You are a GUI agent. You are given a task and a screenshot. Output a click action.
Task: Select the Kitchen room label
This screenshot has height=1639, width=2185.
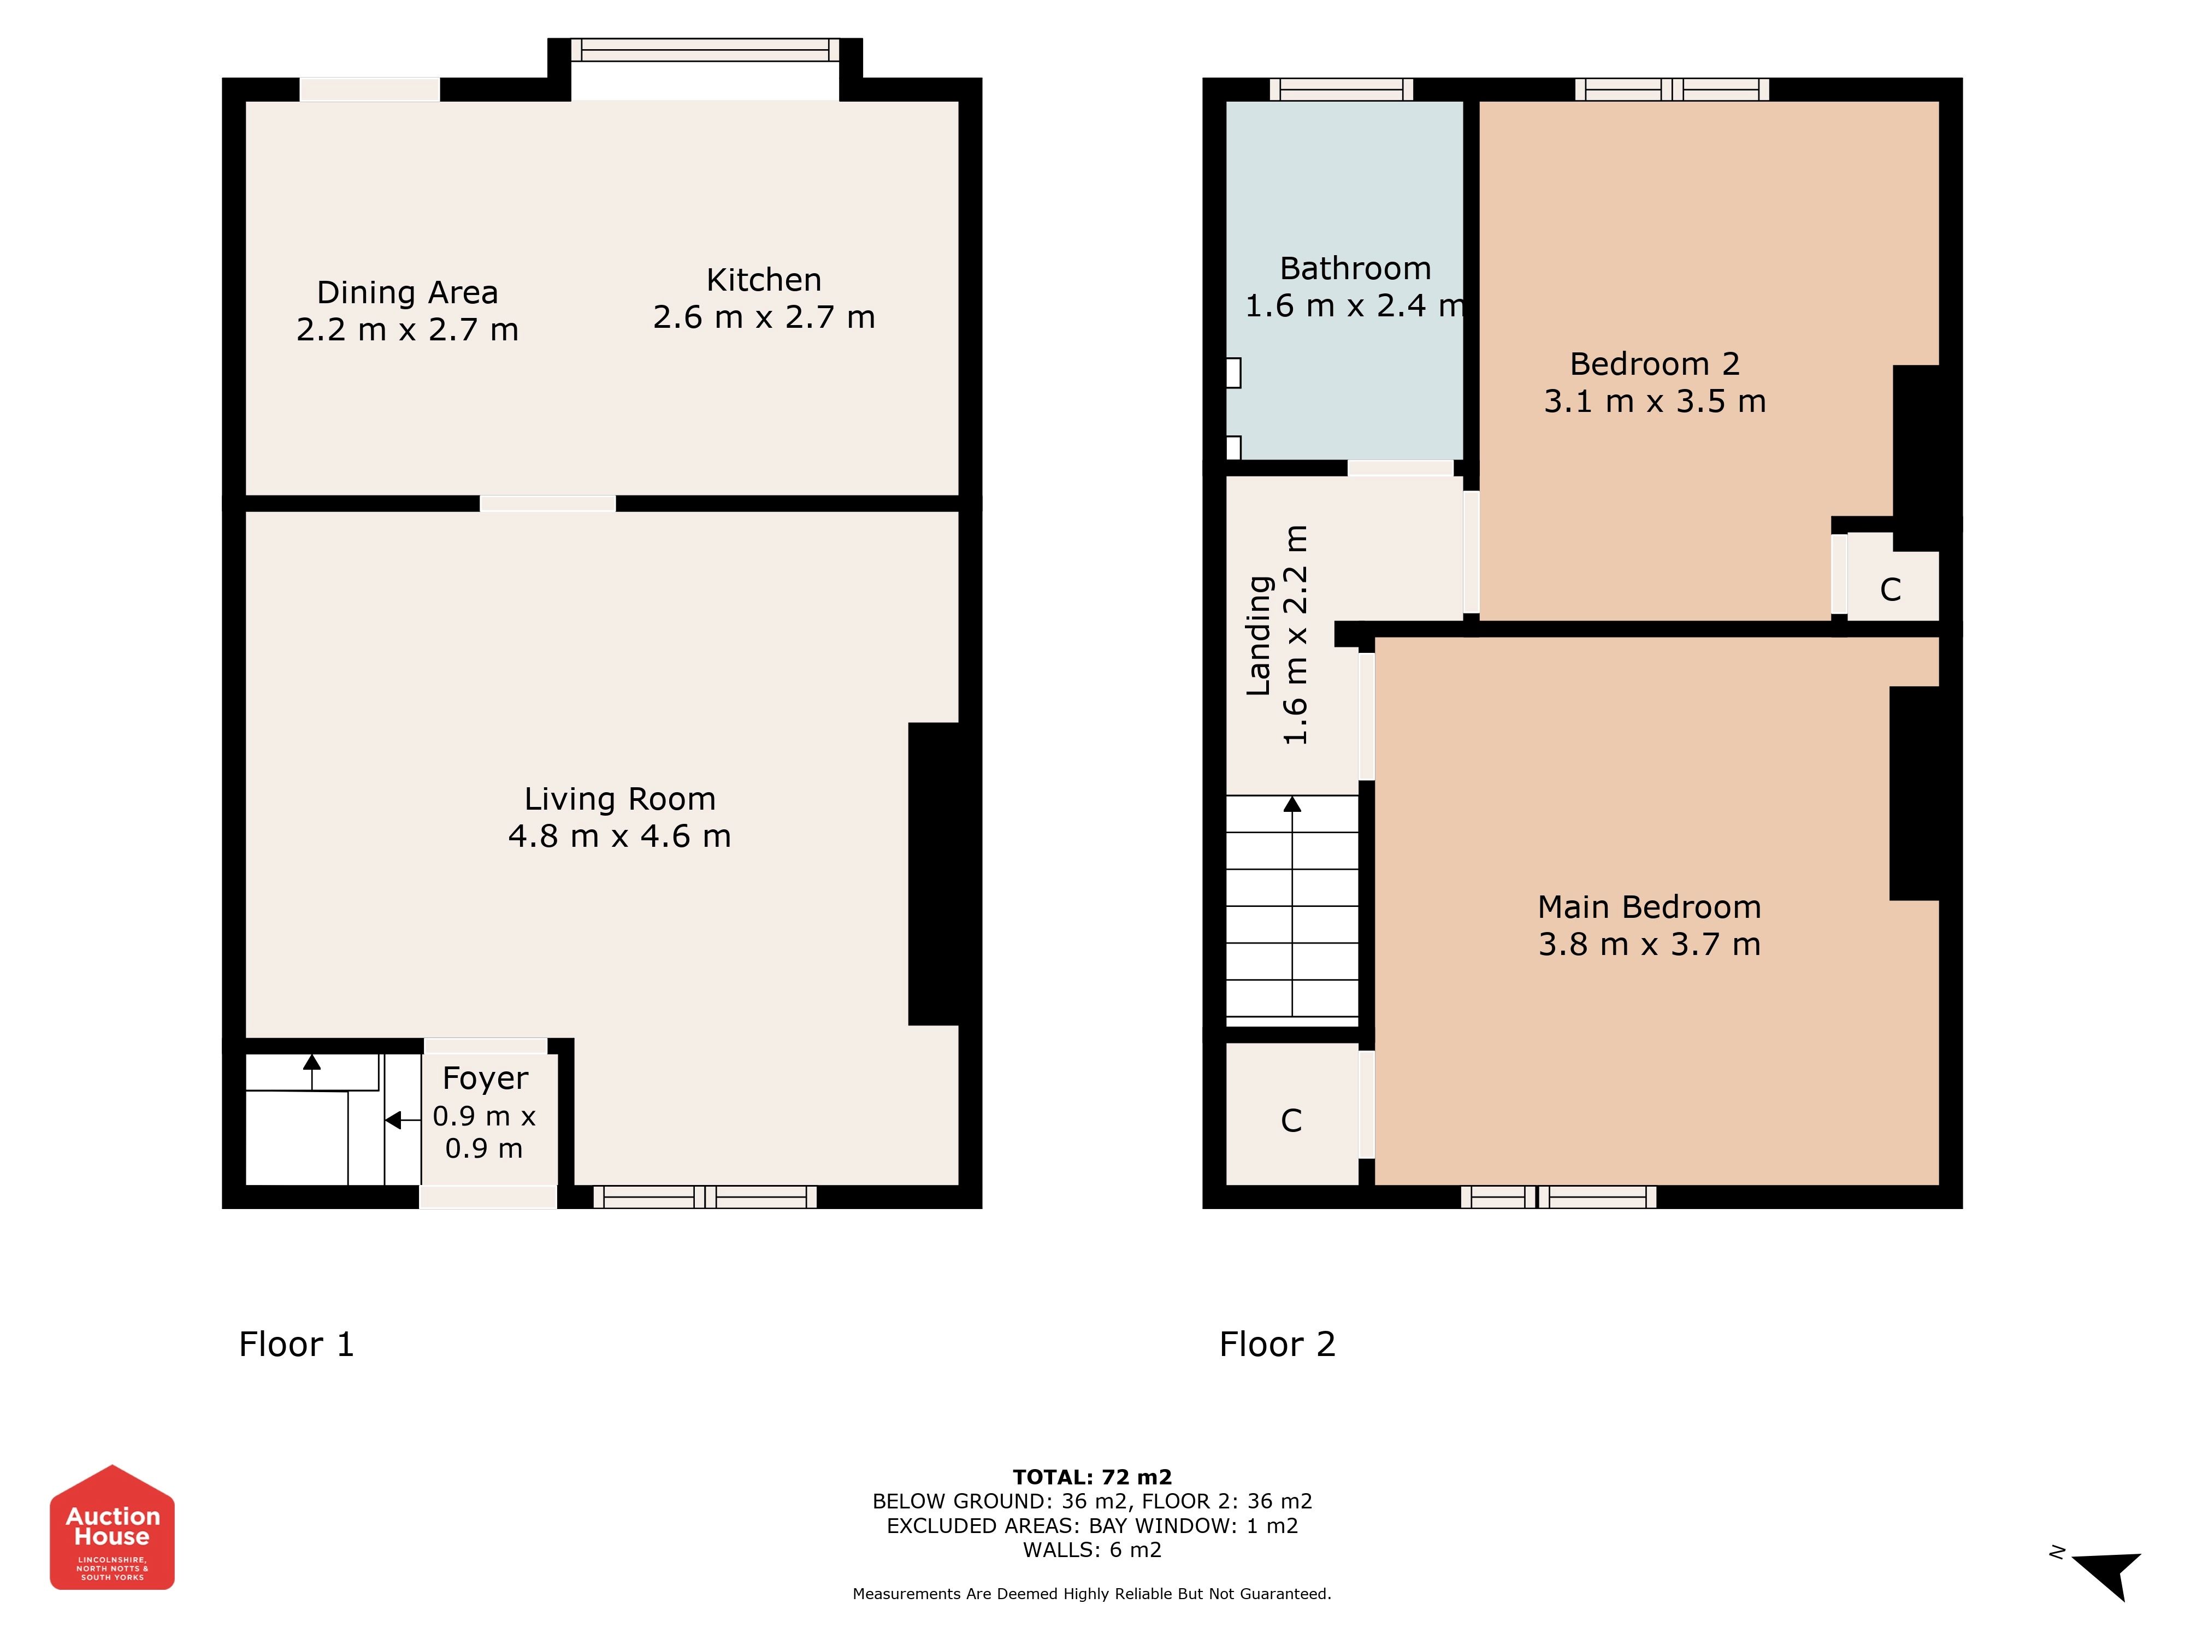click(x=764, y=281)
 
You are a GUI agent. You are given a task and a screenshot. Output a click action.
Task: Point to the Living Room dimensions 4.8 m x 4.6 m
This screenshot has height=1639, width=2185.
click(x=619, y=837)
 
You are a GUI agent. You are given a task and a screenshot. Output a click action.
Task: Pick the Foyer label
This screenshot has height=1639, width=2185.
click(x=485, y=1079)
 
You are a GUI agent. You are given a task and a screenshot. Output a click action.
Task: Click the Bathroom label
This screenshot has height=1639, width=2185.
click(x=1355, y=269)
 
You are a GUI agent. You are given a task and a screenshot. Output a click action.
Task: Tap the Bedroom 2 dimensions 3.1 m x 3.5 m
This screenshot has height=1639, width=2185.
click(x=1655, y=401)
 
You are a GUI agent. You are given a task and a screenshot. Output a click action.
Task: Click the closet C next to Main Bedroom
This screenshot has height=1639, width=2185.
click(x=1291, y=1121)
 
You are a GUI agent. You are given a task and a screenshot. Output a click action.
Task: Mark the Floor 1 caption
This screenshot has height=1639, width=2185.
click(x=296, y=1345)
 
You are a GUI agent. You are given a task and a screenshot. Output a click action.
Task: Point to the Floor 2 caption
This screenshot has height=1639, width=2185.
click(x=1277, y=1345)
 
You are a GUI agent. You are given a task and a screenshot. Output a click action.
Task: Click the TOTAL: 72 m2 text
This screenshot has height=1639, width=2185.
click(x=1092, y=1477)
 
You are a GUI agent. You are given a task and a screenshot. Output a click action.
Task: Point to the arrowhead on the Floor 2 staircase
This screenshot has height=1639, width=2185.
click(x=1292, y=804)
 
